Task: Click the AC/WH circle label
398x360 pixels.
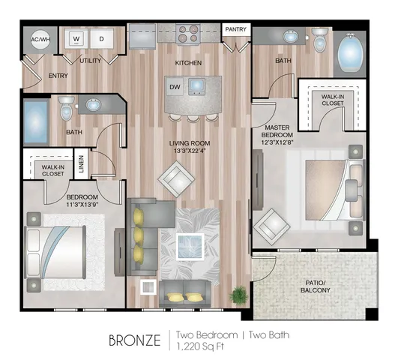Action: tap(40, 40)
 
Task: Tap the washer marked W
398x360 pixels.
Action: tap(76, 38)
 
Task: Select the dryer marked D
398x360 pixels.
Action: tap(101, 38)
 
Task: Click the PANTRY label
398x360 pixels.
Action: tap(236, 29)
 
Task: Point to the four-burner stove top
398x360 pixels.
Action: tap(188, 34)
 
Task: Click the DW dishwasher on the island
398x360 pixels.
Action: tap(175, 87)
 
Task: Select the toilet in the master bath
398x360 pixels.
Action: tap(319, 39)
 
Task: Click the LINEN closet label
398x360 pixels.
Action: tap(81, 163)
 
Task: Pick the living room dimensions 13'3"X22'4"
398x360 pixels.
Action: tap(190, 151)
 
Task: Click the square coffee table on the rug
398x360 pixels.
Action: tap(190, 247)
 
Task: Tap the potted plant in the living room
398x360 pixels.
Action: tap(238, 295)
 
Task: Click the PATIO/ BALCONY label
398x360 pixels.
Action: tap(316, 286)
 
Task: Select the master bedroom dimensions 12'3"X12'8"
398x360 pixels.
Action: tap(277, 142)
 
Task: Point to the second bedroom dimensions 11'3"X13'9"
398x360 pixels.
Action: tap(82, 205)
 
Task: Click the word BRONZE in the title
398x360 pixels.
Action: tap(135, 340)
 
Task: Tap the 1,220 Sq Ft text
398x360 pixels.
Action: tap(200, 346)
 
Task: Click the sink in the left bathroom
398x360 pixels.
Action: tap(94, 105)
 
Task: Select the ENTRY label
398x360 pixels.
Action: tap(58, 76)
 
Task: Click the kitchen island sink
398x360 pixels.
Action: tap(196, 85)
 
